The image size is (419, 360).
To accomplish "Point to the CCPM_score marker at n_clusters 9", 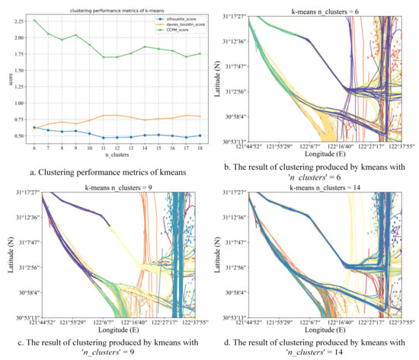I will point(74,35).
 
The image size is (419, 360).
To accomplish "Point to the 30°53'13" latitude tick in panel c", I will point(23,317).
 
